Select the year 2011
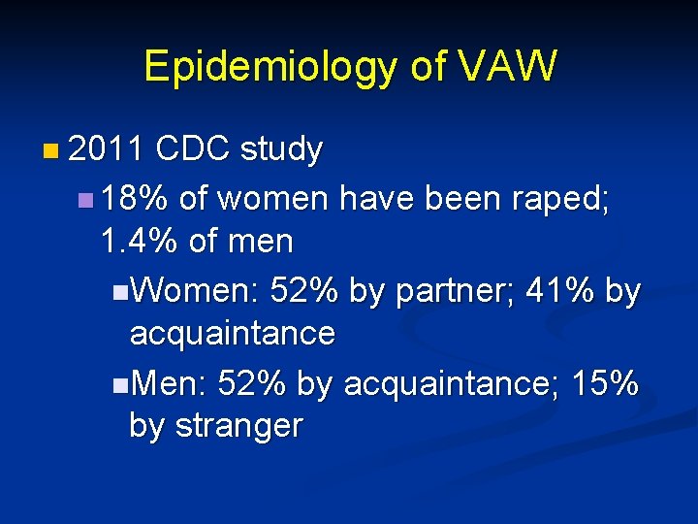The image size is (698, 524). (x=107, y=149)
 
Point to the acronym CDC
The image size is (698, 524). (x=192, y=149)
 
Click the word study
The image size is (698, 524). (x=281, y=150)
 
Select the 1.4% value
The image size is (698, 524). (x=139, y=241)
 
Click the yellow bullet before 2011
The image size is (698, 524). (x=50, y=151)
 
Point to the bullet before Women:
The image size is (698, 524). (x=118, y=291)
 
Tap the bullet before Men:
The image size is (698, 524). (x=118, y=383)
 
